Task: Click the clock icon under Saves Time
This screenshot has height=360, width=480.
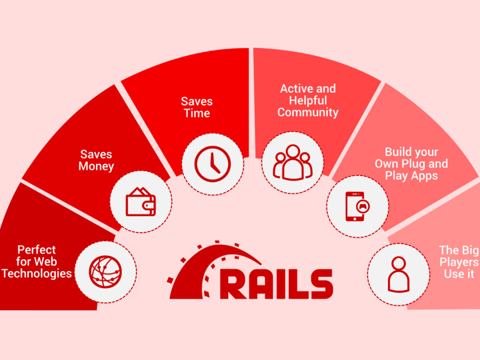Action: [213, 164]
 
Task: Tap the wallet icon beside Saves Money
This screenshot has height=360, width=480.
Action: [141, 202]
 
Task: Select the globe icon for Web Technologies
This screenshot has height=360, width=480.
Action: [105, 272]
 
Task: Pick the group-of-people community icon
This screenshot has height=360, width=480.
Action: [293, 162]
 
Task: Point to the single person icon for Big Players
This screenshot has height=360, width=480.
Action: [398, 274]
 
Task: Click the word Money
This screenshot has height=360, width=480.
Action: [96, 167]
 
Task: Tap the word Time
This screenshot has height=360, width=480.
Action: [197, 113]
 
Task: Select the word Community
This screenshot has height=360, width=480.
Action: [308, 113]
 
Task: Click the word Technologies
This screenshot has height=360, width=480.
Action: [37, 274]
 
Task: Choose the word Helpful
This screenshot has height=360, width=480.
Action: [308, 100]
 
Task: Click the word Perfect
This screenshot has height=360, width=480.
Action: [36, 250]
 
